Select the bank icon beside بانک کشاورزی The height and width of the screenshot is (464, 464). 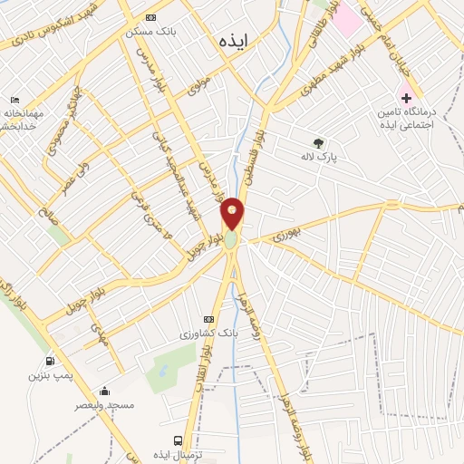[210, 319]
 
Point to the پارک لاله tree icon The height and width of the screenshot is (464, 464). [317, 142]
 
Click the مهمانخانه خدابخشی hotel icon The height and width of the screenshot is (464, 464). [14, 101]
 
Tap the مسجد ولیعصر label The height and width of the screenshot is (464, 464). [108, 405]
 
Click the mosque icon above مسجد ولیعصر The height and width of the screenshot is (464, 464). [104, 391]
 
